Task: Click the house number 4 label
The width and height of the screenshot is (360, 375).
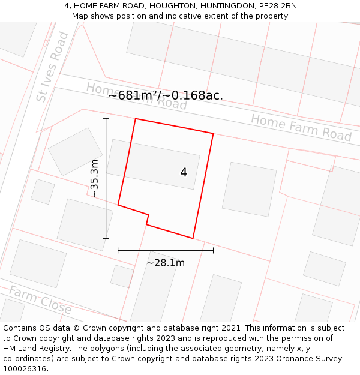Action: click(184, 173)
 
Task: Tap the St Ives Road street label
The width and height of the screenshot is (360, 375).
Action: click(52, 67)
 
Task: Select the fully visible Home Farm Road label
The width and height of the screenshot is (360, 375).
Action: click(301, 127)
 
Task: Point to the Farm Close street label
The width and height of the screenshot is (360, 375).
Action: click(40, 301)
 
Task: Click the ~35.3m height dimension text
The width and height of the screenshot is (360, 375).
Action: click(94, 178)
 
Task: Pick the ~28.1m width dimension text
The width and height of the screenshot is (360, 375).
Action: click(166, 262)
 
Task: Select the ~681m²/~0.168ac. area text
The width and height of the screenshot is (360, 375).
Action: click(166, 95)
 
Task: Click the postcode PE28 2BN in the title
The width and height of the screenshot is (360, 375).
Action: click(276, 6)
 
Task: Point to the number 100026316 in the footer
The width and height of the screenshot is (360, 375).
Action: click(24, 368)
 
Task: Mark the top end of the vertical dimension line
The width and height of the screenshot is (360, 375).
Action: click(106, 119)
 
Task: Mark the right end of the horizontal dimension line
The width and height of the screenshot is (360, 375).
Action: click(213, 250)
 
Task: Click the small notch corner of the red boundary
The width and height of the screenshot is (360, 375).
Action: click(148, 215)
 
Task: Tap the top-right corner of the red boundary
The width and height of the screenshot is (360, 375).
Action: click(213, 133)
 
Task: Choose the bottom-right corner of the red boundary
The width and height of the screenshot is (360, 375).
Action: click(193, 238)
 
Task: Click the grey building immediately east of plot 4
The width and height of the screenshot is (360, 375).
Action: click(249, 189)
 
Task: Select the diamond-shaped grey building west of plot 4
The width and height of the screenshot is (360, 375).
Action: click(76, 151)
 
